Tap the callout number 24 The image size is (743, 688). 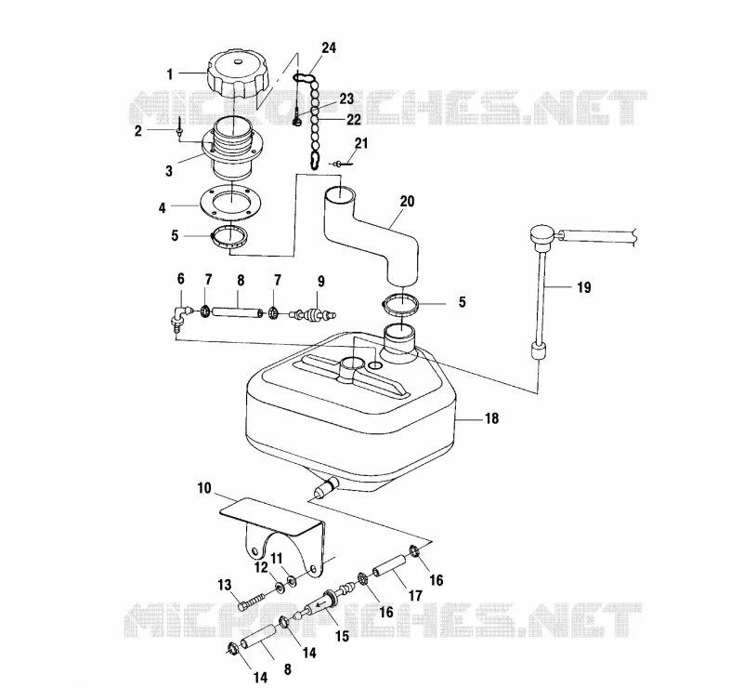click(329, 48)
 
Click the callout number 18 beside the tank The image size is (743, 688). click(491, 418)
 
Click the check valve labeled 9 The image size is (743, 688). click(313, 314)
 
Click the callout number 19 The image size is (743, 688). click(584, 287)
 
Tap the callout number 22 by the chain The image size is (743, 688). click(353, 120)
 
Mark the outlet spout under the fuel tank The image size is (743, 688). click(326, 487)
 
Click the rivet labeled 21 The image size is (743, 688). click(342, 165)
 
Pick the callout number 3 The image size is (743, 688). click(169, 170)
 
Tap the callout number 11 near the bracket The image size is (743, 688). click(276, 558)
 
